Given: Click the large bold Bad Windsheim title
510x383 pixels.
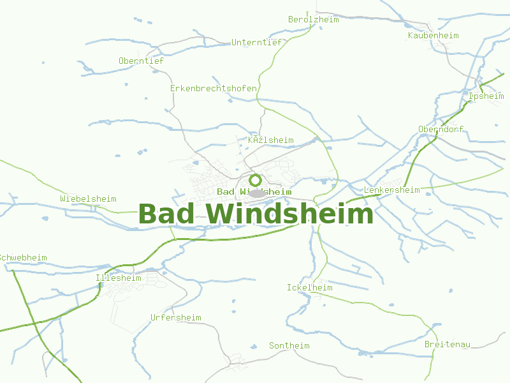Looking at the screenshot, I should tap(255, 214).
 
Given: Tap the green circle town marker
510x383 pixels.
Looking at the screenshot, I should tap(256, 180).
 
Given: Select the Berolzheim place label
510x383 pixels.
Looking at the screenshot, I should tap(314, 19).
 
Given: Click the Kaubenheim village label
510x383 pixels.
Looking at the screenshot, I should tap(433, 36).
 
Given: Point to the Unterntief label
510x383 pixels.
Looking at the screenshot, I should tap(257, 43).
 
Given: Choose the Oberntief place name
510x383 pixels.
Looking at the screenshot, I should tap(141, 61).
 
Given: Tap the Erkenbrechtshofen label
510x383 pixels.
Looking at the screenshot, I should tap(214, 88).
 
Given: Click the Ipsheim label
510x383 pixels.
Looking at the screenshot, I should tap(486, 96).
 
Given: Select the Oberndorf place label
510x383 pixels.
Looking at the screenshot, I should tap(441, 129).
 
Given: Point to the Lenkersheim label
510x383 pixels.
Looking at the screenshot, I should tap(392, 190).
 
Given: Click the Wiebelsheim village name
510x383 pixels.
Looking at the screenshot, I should tap(88, 199).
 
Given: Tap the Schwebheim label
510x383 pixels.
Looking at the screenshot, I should tap(23, 258).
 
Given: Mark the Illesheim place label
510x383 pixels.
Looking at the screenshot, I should tap(118, 278).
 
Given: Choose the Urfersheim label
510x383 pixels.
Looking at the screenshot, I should tap(176, 317).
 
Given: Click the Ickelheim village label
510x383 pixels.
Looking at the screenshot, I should tap(310, 287).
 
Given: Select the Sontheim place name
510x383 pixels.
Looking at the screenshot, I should tap(289, 345).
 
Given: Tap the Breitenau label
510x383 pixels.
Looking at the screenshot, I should tap(448, 344).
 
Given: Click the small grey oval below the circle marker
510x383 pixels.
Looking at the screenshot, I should tap(256, 193).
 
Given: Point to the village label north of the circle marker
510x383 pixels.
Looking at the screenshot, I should tap(270, 140).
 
